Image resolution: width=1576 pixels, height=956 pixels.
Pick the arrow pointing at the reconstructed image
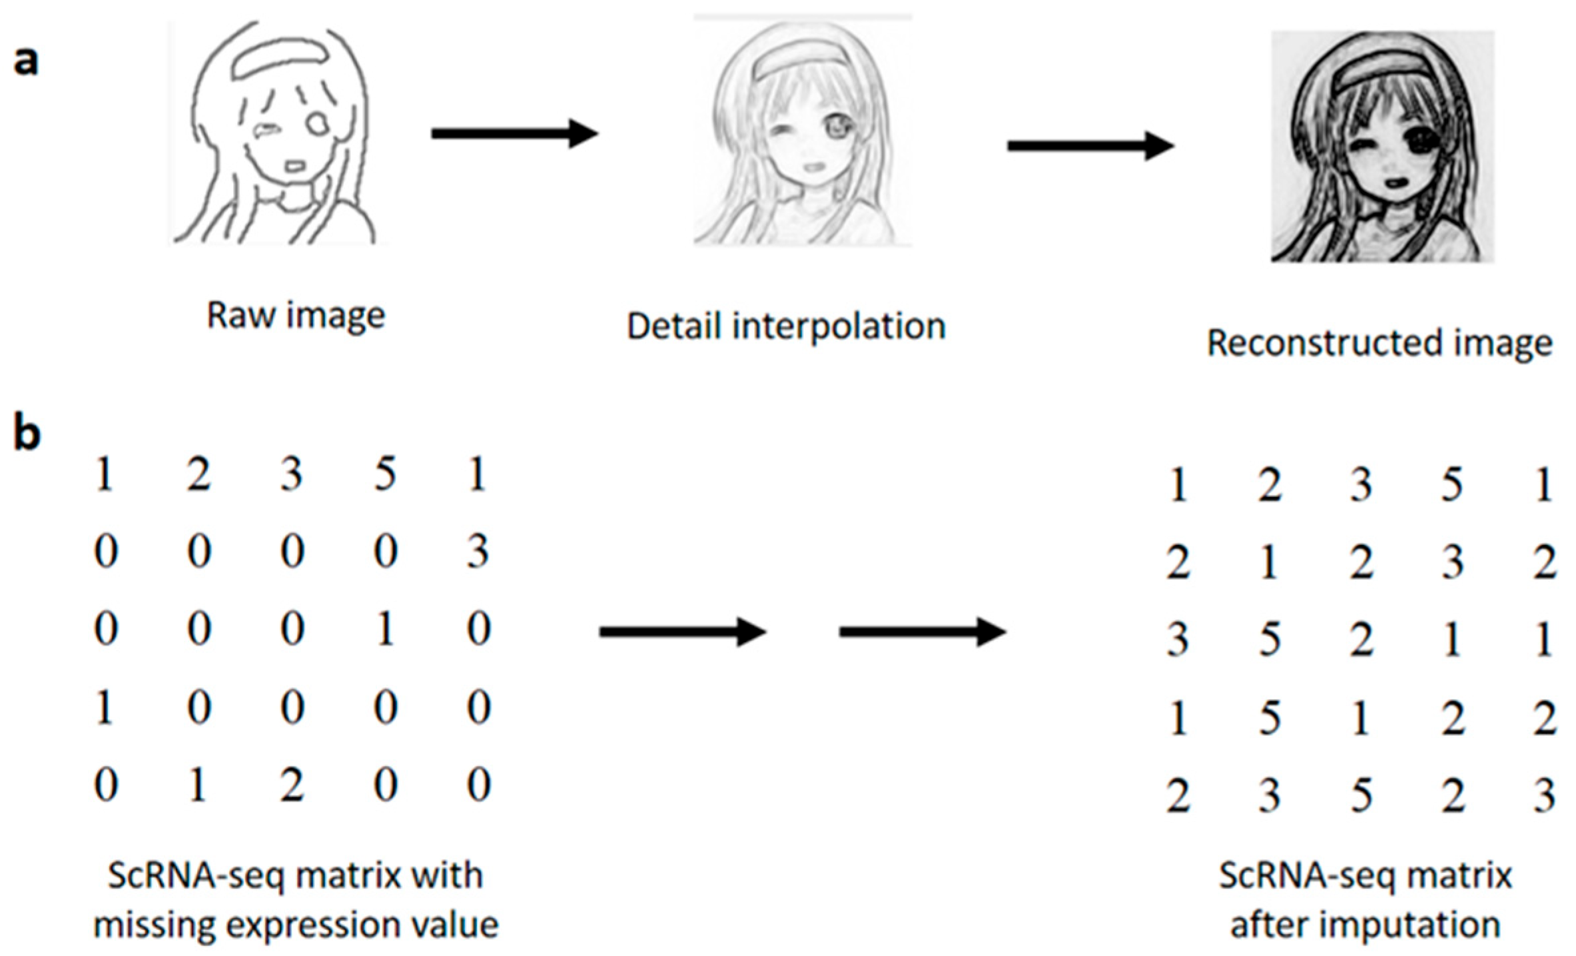click(1090, 146)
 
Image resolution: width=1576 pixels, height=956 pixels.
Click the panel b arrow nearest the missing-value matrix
click(682, 632)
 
